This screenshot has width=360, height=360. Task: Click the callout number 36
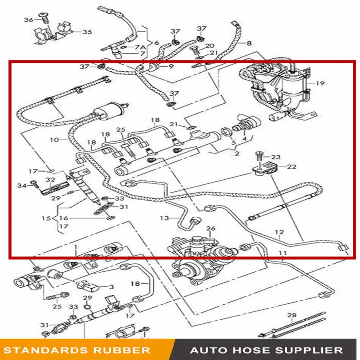28,20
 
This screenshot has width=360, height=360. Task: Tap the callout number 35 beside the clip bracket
87,32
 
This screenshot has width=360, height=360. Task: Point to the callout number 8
249,43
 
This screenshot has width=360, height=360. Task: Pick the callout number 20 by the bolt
210,46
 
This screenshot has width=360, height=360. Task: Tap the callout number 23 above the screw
276,157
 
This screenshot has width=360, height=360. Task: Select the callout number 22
291,166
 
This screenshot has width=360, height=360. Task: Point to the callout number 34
22,185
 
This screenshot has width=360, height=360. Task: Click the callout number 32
50,180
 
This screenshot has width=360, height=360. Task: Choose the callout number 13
164,218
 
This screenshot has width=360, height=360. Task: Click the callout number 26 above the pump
211,229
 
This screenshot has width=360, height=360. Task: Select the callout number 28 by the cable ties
292,316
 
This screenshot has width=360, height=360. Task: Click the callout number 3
111,287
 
